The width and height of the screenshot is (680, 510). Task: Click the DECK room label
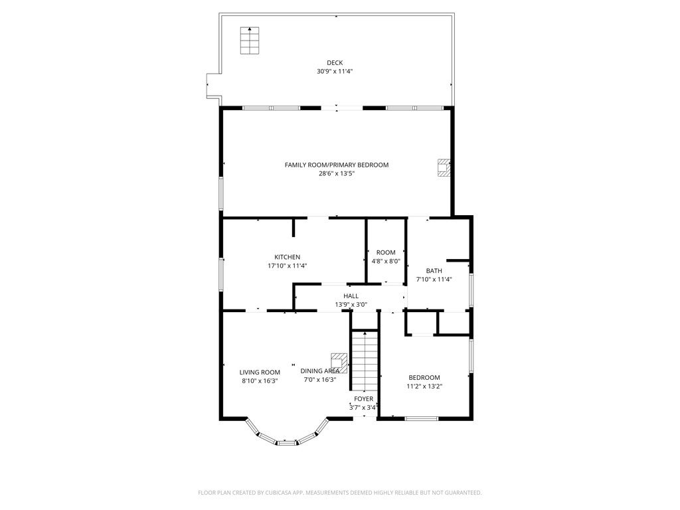[335, 63]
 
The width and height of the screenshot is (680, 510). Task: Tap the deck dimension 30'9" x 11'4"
[335, 72]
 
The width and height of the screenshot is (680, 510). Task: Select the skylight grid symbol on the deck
[250, 41]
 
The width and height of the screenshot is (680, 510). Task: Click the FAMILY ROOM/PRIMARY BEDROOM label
[337, 165]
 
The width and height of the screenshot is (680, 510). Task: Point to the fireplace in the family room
[444, 168]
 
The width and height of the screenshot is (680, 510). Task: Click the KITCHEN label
[287, 257]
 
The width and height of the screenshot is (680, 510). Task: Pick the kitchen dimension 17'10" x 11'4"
[287, 266]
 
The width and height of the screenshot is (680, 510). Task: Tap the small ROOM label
[386, 252]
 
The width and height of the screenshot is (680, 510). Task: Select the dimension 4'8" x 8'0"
[386, 261]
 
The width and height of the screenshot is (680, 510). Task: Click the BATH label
[434, 271]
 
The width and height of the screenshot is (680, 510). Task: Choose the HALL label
[351, 296]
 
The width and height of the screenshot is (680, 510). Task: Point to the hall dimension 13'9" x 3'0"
[351, 304]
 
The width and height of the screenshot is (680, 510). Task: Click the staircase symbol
[365, 361]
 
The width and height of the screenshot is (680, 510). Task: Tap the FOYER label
[363, 399]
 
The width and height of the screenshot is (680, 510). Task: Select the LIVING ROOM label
[260, 372]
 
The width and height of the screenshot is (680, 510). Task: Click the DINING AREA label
[320, 371]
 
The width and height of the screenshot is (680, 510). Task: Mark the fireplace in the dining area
[339, 363]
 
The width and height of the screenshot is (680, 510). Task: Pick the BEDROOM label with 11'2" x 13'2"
[424, 378]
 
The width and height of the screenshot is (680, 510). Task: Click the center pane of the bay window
[286, 443]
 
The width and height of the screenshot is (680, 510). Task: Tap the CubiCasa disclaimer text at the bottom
[339, 493]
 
